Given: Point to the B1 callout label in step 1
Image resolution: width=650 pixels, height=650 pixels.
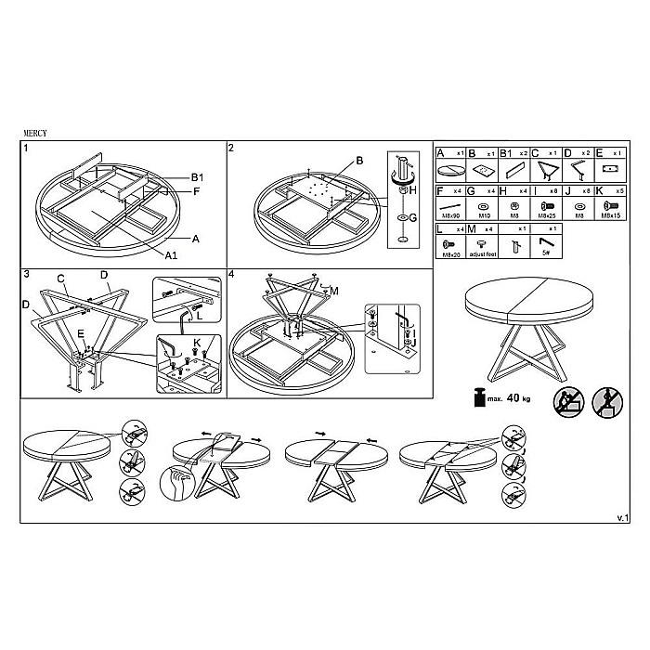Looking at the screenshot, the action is tap(197, 177).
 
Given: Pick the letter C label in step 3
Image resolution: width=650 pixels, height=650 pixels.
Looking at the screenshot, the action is tap(60, 278).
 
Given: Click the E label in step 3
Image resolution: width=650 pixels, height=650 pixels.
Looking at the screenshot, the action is tap(81, 332).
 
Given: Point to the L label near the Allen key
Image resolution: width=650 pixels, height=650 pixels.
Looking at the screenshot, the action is tap(200, 316).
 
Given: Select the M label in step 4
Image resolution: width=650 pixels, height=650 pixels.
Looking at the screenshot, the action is tap(334, 292).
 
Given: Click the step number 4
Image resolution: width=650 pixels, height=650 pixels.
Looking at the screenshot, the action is tap(231, 276).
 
